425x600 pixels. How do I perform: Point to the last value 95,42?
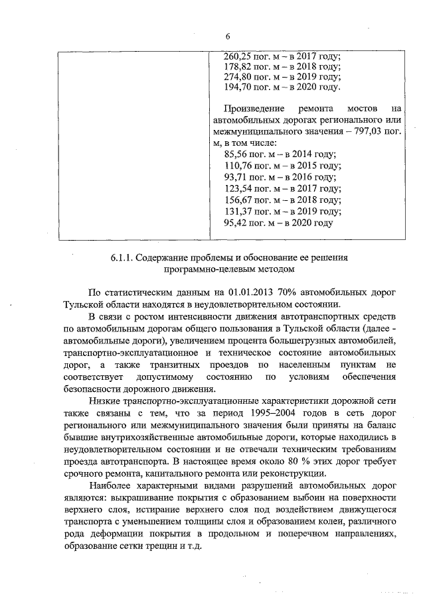point(237,222)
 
